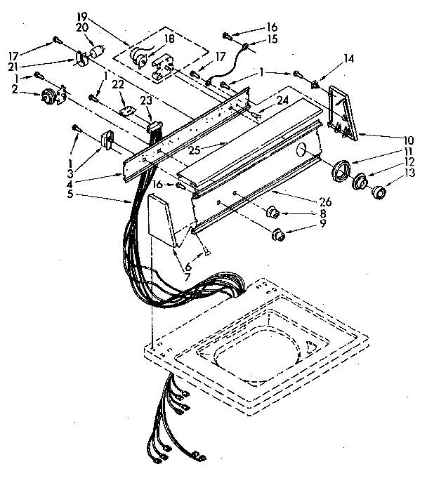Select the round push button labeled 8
click(x=273, y=210)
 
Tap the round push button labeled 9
click(x=278, y=234)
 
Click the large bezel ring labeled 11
click(x=342, y=171)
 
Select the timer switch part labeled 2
click(x=51, y=98)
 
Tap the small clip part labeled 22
click(x=126, y=110)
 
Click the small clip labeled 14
click(x=315, y=85)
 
